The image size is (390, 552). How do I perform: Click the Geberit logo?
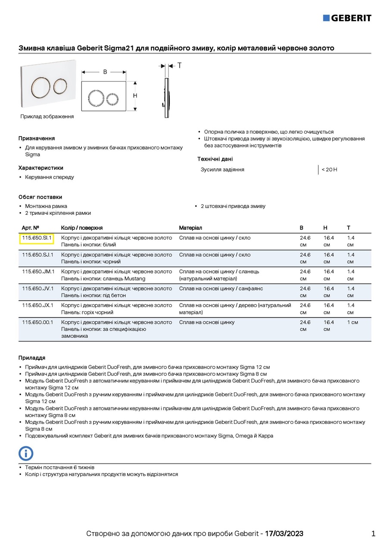[x=347, y=18]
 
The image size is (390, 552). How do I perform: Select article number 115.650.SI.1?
[x=37, y=238]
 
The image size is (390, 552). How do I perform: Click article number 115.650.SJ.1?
[x=37, y=254]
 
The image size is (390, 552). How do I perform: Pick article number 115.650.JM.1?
[x=38, y=271]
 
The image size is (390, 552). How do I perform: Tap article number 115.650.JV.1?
[x=37, y=288]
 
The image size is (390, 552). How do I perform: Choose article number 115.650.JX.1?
[x=37, y=305]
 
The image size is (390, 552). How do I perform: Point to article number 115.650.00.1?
[x=37, y=322]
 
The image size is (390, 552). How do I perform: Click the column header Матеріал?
[x=190, y=228]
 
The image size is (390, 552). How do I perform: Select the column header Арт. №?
[x=31, y=228]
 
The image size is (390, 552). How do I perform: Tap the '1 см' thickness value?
[x=353, y=322]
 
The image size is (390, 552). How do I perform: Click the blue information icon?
[x=26, y=453]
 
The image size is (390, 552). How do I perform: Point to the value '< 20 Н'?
[x=329, y=169]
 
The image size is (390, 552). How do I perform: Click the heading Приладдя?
[x=32, y=358]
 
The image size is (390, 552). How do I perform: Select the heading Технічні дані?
[x=215, y=159]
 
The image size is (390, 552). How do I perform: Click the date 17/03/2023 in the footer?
[x=284, y=533]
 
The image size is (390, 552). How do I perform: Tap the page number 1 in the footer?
[x=373, y=533]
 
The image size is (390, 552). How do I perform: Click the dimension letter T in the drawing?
[x=179, y=66]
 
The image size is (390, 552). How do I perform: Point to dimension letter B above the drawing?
[x=105, y=72]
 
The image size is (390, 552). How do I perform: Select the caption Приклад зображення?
[x=47, y=116]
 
